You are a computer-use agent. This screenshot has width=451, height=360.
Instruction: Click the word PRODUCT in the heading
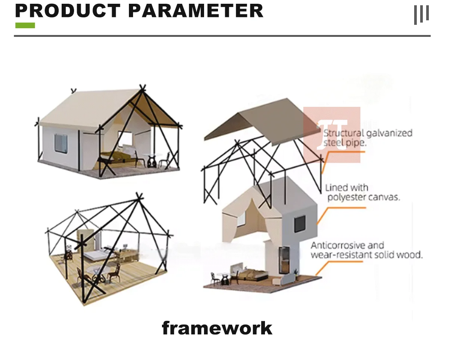click(68, 11)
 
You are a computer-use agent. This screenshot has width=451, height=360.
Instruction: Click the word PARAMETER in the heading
click(195, 11)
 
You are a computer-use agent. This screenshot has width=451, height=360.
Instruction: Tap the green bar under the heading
click(25, 25)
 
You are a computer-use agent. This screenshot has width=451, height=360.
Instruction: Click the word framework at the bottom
click(217, 328)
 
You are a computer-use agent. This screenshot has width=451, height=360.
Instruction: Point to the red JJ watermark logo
click(331, 135)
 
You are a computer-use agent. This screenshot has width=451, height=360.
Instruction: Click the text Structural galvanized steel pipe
click(368, 138)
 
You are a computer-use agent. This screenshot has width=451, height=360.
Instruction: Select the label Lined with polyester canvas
click(362, 192)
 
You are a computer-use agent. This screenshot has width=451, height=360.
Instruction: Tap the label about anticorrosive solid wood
click(366, 250)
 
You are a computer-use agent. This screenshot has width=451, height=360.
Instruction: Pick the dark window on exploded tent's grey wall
click(299, 224)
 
